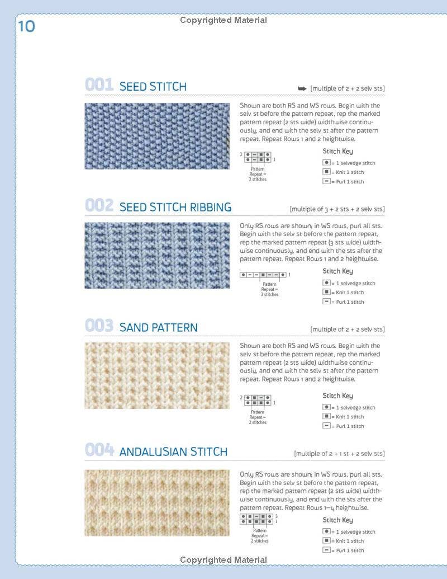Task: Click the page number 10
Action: coord(26,26)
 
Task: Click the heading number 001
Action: coord(99,85)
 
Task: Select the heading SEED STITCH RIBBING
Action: coord(175,208)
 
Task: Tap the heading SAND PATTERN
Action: coord(158,328)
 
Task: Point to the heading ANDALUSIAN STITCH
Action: coord(173,452)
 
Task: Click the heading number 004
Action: coord(99,450)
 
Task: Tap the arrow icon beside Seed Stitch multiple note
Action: coord(302,88)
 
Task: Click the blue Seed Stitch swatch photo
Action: coord(157,136)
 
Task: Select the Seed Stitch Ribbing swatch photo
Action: coord(157,256)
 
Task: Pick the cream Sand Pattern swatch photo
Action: coord(157,375)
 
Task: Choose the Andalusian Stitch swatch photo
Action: coord(157,503)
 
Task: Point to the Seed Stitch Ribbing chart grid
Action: coord(263,275)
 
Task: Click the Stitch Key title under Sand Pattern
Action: coord(338,396)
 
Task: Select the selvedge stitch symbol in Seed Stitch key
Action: coord(327,163)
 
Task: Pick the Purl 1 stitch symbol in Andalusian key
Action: coord(327,550)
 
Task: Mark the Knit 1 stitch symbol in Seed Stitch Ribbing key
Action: coord(327,292)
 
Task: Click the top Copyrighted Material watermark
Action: coord(223,21)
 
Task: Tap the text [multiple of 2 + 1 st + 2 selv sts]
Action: coord(339,454)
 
